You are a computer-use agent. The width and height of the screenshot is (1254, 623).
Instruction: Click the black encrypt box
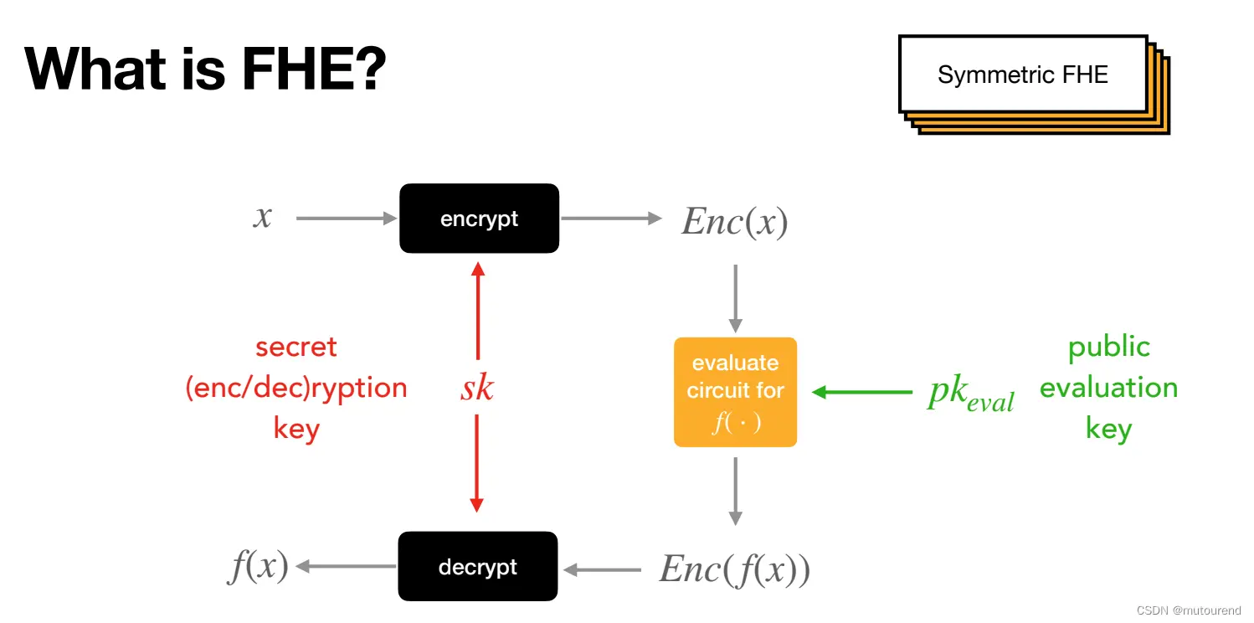(479, 219)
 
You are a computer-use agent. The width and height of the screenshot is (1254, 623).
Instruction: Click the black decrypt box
(477, 567)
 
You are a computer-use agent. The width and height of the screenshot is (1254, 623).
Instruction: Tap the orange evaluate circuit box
(735, 392)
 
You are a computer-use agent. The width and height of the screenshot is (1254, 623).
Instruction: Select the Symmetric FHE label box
(1022, 75)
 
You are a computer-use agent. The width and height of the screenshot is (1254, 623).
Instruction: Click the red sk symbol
(477, 388)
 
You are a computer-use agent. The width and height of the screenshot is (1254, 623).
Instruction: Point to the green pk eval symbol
(970, 393)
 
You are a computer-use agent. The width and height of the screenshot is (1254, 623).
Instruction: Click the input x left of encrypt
(263, 217)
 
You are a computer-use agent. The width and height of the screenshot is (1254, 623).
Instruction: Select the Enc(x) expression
(734, 221)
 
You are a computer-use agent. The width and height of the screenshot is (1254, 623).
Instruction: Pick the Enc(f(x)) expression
(734, 569)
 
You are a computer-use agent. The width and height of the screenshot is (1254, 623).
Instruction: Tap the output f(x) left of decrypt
(259, 567)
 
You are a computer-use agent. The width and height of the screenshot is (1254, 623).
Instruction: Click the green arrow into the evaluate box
(862, 391)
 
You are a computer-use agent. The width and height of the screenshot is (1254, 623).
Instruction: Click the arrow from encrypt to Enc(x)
(611, 219)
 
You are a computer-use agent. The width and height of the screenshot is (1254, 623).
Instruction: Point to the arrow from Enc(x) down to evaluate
(736, 298)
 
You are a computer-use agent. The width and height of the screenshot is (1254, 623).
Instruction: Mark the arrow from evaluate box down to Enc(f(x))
(736, 491)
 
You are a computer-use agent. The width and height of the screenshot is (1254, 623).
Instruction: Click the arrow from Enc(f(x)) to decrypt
(603, 570)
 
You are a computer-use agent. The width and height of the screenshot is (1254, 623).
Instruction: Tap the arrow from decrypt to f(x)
(346, 567)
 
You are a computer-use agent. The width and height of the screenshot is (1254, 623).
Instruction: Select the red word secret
(296, 347)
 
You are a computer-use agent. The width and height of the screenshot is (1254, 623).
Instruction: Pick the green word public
(1108, 347)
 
